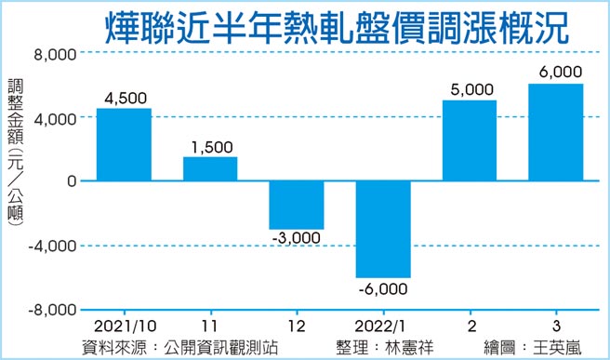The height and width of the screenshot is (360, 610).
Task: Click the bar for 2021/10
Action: [124, 145]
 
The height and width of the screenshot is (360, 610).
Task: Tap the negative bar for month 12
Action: [297, 205]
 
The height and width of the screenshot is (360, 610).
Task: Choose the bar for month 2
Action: [470, 140]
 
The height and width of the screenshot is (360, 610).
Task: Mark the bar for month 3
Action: [555, 133]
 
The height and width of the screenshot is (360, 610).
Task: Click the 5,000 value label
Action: [470, 90]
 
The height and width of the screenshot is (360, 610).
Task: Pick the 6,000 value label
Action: [558, 72]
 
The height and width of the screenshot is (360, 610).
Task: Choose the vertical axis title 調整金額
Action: [16, 113]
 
